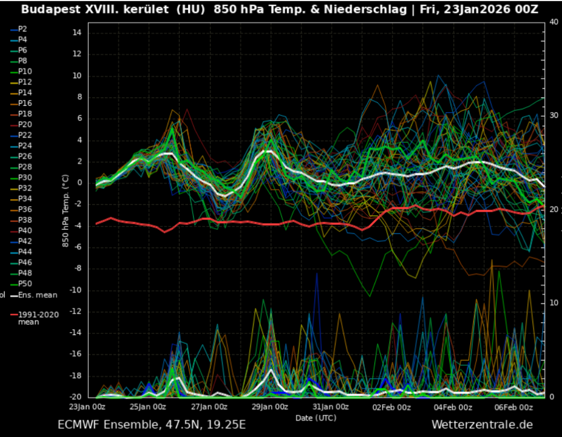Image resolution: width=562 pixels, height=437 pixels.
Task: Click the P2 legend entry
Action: click(22, 28)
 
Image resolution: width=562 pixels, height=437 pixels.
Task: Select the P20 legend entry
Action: click(24, 125)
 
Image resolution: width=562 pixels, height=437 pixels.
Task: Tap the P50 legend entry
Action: click(24, 284)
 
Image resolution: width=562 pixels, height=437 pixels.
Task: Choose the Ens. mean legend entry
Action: click(38, 295)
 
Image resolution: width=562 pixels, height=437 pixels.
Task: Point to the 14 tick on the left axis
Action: click(77, 32)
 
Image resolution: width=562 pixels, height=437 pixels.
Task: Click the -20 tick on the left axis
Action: click(75, 397)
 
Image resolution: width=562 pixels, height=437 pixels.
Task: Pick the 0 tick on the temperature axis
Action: click(80, 183)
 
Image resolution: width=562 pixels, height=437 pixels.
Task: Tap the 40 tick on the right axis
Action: click(554, 22)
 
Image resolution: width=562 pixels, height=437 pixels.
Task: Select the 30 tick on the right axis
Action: click(554, 116)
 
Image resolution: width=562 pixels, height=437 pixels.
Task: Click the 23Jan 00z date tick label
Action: click(88, 407)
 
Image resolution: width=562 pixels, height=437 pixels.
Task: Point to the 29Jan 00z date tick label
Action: click(270, 407)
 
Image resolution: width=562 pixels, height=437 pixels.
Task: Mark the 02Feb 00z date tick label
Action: click(392, 407)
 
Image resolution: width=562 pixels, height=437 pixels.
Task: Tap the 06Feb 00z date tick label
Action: click(514, 407)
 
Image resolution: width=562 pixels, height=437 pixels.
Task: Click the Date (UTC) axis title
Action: click(315, 418)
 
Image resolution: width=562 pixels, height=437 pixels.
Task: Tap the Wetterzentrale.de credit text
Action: click(482, 424)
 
